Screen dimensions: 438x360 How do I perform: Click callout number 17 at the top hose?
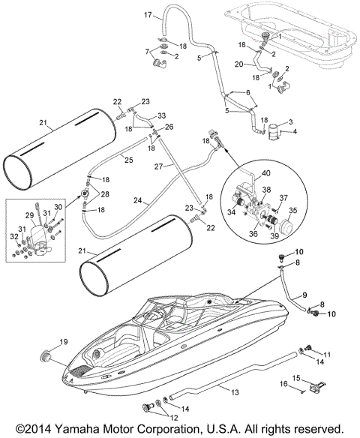coord(148,14)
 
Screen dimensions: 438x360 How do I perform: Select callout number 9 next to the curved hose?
coord(304,294)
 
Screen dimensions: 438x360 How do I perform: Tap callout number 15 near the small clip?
coord(317,378)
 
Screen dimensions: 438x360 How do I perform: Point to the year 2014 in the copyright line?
coord(47,429)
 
